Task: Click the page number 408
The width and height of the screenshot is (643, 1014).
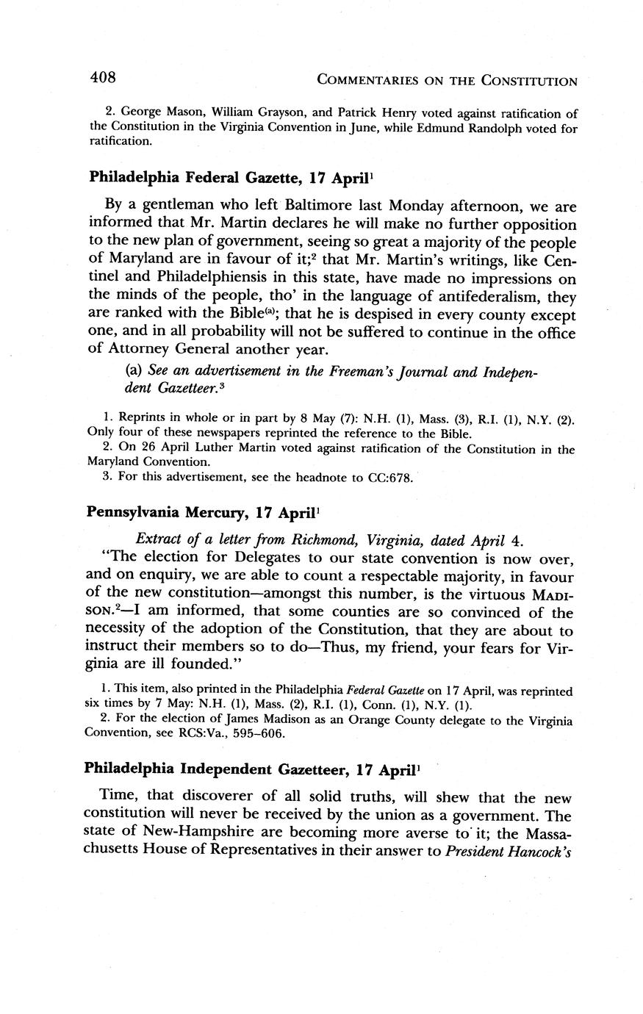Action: tap(103, 76)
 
